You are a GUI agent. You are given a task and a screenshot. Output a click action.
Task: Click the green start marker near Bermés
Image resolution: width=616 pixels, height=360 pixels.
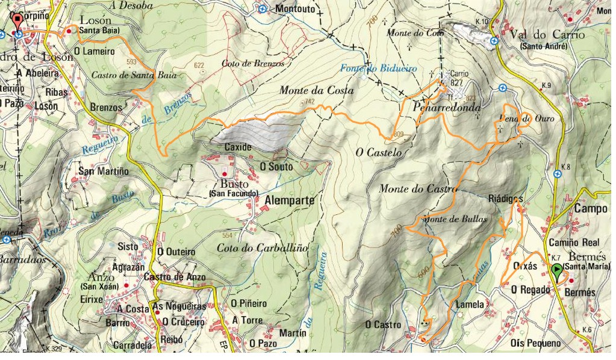click(x=558, y=272)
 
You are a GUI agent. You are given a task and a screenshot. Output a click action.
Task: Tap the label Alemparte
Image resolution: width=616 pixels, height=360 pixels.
click(x=290, y=201)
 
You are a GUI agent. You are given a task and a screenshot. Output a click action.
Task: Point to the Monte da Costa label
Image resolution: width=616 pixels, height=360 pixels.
click(x=316, y=90)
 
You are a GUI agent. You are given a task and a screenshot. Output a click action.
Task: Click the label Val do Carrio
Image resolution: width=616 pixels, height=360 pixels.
click(x=547, y=35)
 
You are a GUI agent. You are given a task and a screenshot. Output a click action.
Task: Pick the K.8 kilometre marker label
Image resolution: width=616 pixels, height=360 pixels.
click(x=564, y=167)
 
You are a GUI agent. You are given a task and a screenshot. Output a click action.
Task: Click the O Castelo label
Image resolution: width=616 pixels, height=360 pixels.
click(x=378, y=153)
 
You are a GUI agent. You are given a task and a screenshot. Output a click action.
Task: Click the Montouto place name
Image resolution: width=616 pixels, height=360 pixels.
click(x=295, y=9)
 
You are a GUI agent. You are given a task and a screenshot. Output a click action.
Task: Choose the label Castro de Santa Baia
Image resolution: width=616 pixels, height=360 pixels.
click(x=123, y=76)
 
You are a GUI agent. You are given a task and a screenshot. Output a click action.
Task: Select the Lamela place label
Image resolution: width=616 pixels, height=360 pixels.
click(x=470, y=304)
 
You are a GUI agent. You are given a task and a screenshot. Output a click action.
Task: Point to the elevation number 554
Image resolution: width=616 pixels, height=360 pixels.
click(x=228, y=235)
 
